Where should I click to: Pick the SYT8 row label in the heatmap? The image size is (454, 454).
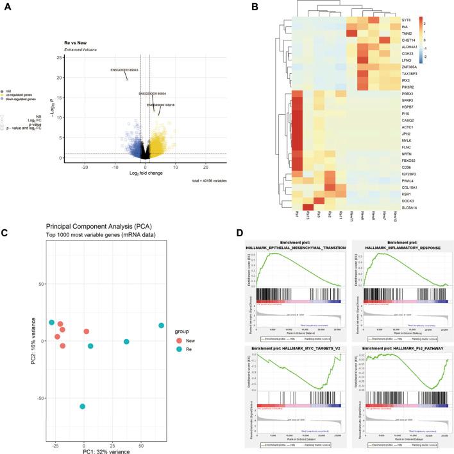coord(407,20)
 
